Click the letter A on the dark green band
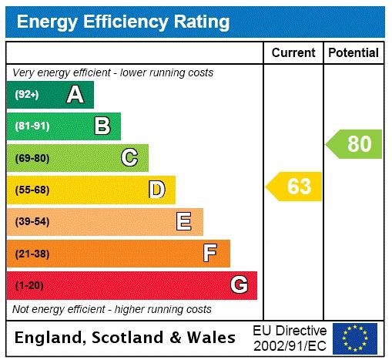coord(75,95)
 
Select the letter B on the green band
coord(102,126)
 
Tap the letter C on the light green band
coord(129,158)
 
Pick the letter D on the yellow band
coord(156,190)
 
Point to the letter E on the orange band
coord(184,222)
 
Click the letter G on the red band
coord(239,285)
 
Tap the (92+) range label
coord(26,95)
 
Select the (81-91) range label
coord(32,126)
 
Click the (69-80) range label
coord(32,158)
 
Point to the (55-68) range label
coord(32,190)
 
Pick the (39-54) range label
coord(32,222)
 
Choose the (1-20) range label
coord(29,286)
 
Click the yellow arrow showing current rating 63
coord(294,187)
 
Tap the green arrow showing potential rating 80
coord(354,144)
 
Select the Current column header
coord(293,52)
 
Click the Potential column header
coord(353,52)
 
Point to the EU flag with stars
coord(355,338)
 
